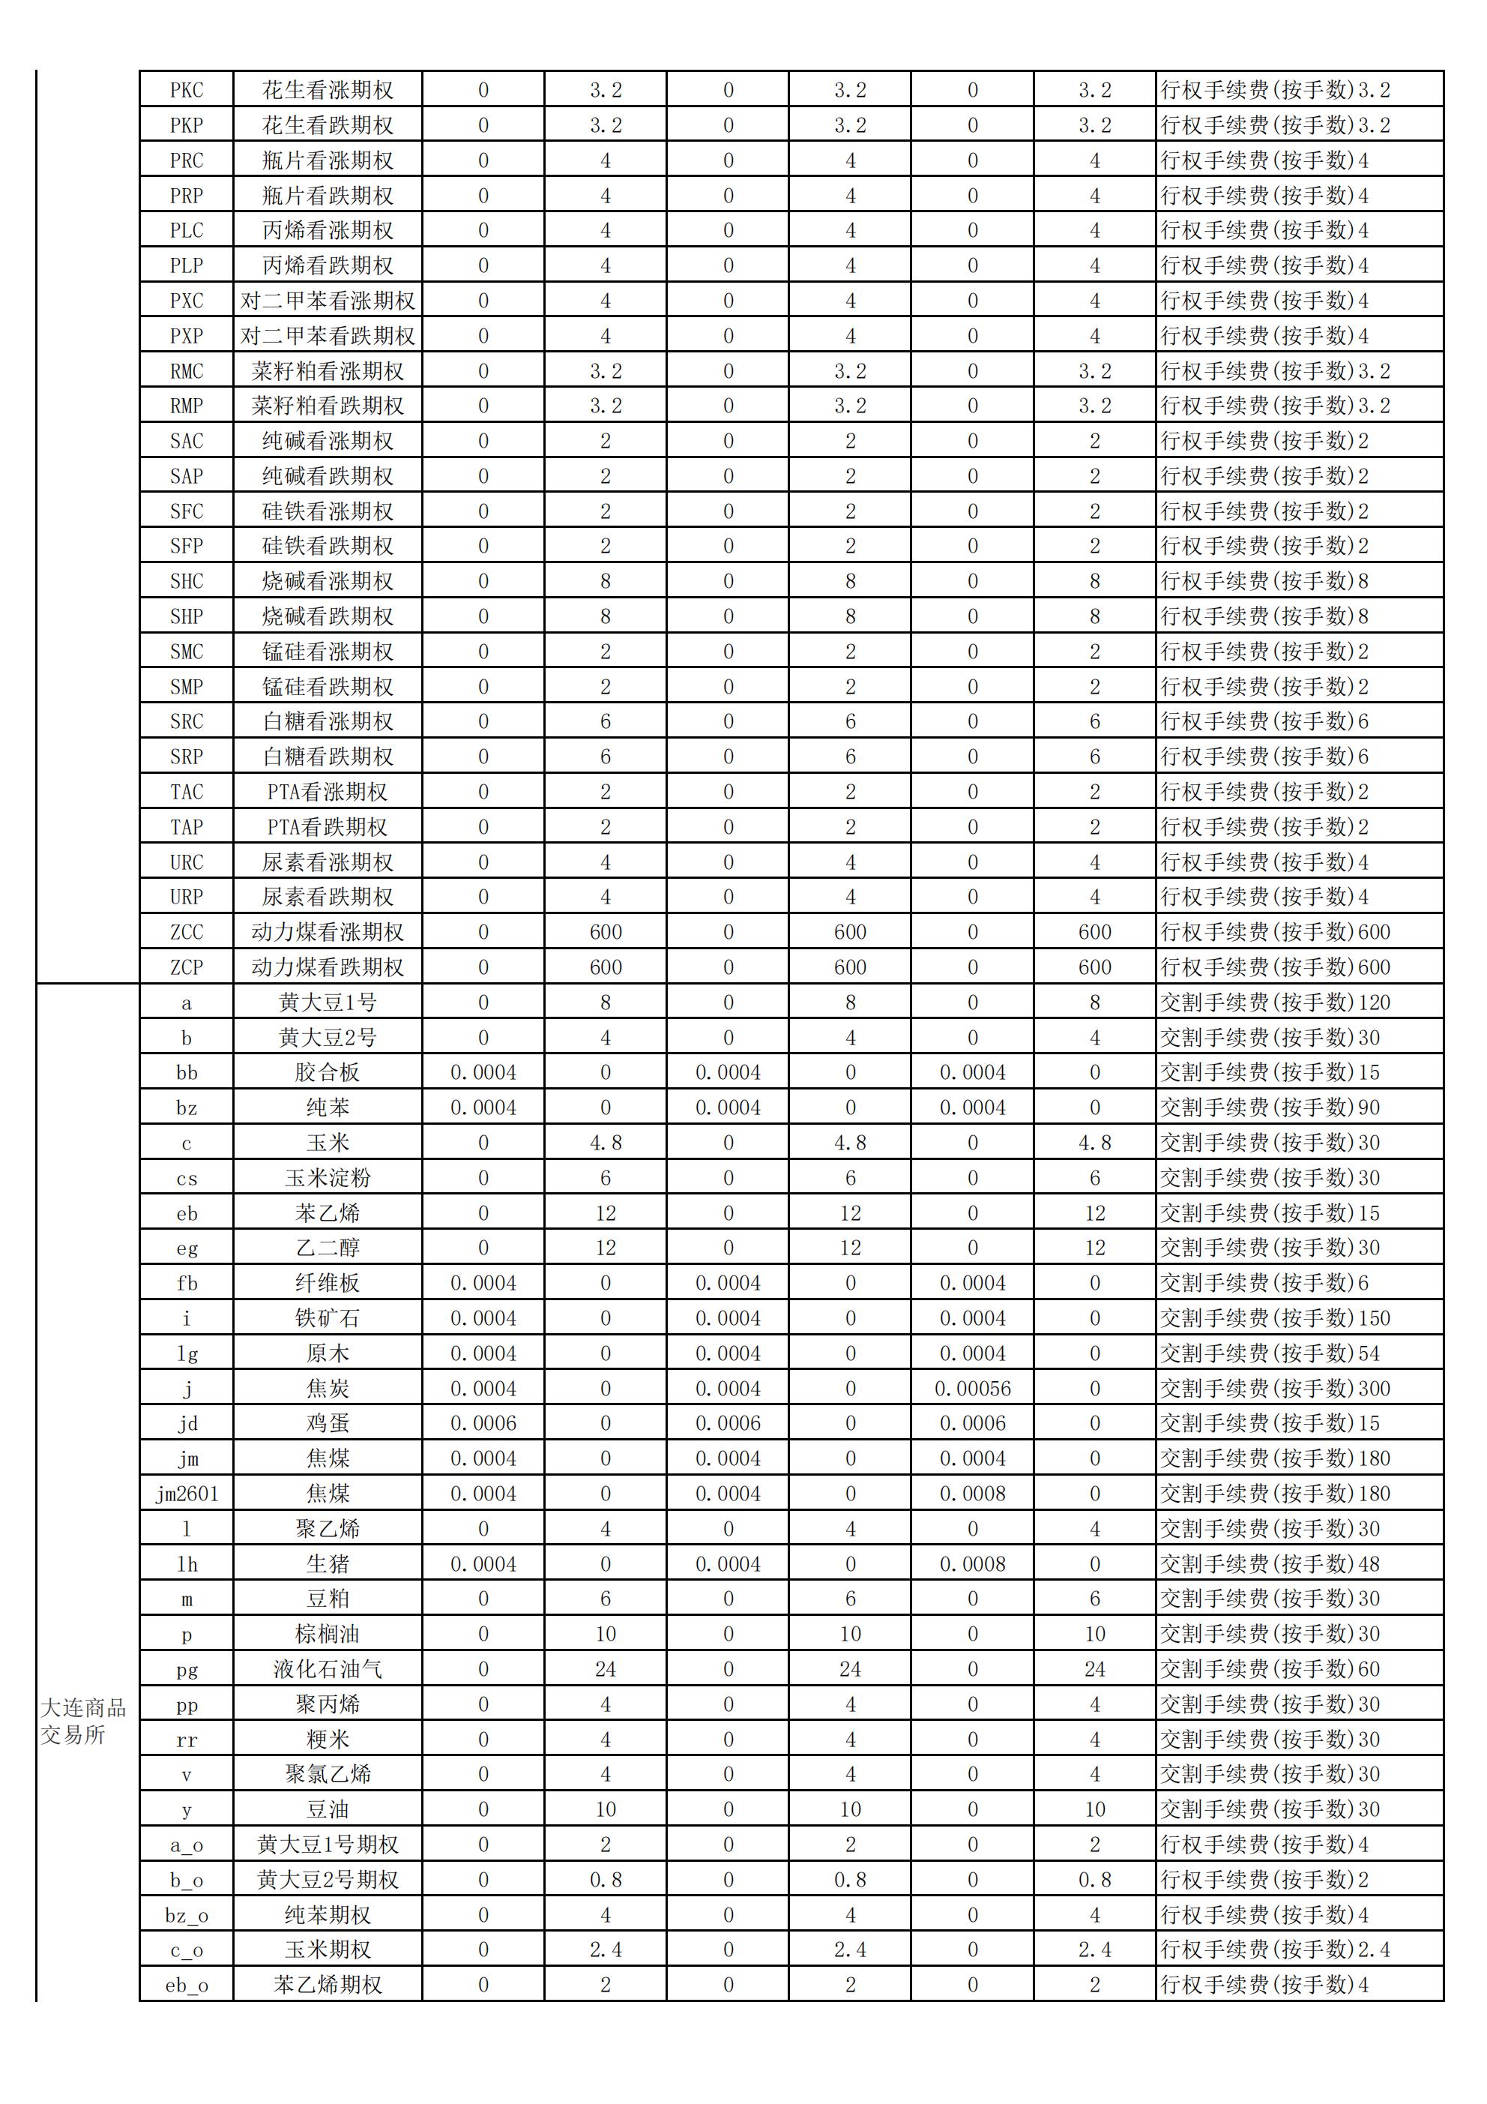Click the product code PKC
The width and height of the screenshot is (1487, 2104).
pos(186,90)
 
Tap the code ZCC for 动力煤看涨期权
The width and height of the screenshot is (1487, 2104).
pos(186,932)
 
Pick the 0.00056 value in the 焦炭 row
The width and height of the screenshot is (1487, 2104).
pos(972,1389)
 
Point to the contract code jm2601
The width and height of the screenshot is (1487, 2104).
pos(186,1494)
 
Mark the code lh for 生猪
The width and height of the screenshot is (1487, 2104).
pos(186,1564)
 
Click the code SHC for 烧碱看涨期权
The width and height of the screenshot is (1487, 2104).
pos(186,581)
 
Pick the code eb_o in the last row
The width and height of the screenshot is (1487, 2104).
pos(186,1985)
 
